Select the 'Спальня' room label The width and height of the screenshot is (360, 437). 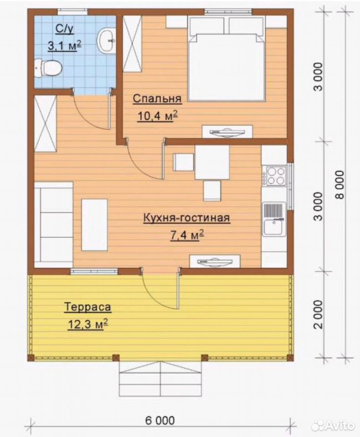tap(157, 99)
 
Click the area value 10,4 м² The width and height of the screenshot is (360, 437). tap(157, 116)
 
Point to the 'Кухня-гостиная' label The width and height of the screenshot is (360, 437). tap(186, 218)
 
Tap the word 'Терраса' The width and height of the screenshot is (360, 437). tap(87, 307)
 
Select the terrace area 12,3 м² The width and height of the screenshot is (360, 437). tap(87, 325)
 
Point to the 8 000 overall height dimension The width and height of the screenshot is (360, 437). tap(339, 184)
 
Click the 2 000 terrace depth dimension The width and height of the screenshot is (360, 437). tap(318, 315)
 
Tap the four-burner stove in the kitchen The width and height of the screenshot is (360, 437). tap(276, 176)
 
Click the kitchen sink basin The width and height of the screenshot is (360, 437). tap(274, 227)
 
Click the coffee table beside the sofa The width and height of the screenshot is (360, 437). tap(94, 224)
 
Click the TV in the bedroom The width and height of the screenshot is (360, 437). tap(227, 131)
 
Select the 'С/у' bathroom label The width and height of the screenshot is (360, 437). tap(65, 29)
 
